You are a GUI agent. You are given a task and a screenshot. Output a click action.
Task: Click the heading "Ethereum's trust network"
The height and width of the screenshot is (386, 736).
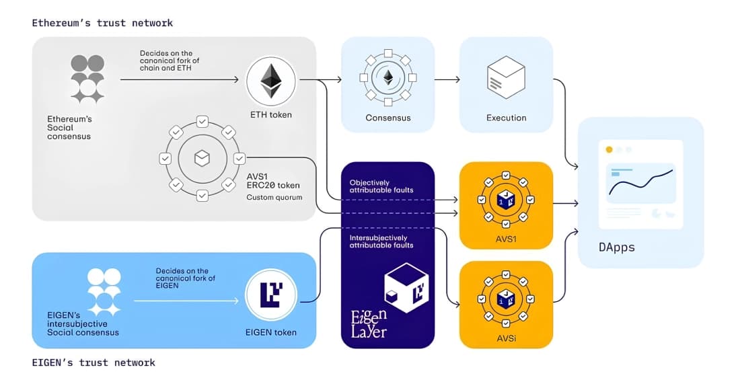click(102, 23)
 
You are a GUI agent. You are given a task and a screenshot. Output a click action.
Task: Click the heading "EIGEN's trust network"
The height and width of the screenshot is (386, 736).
click(94, 362)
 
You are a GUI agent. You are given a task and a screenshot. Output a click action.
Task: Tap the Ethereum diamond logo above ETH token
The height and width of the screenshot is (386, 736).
click(271, 81)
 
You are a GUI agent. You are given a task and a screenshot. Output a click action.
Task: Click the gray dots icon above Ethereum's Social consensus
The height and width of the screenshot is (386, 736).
click(87, 79)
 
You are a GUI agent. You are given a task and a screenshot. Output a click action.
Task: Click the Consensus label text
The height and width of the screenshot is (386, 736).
click(388, 118)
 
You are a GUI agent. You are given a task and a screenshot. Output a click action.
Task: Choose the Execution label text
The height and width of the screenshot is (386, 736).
click(506, 118)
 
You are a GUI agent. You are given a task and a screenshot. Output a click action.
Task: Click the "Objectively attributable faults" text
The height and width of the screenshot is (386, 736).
click(381, 186)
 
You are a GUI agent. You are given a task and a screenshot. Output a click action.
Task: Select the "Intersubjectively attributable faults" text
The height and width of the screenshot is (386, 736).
click(381, 241)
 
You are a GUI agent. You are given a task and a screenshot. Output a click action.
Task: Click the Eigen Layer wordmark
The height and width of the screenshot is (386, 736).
click(369, 323)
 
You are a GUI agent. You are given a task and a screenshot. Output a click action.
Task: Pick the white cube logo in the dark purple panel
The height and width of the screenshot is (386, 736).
click(406, 288)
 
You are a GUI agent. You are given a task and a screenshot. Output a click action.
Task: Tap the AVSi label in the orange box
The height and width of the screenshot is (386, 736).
click(506, 337)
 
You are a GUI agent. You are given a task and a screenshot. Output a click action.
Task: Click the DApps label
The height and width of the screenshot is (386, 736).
click(616, 247)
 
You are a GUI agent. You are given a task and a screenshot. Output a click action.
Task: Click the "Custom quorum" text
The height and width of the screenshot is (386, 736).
click(274, 198)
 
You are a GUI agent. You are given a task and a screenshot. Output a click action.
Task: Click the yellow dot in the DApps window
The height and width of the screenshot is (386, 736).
click(609, 149)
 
